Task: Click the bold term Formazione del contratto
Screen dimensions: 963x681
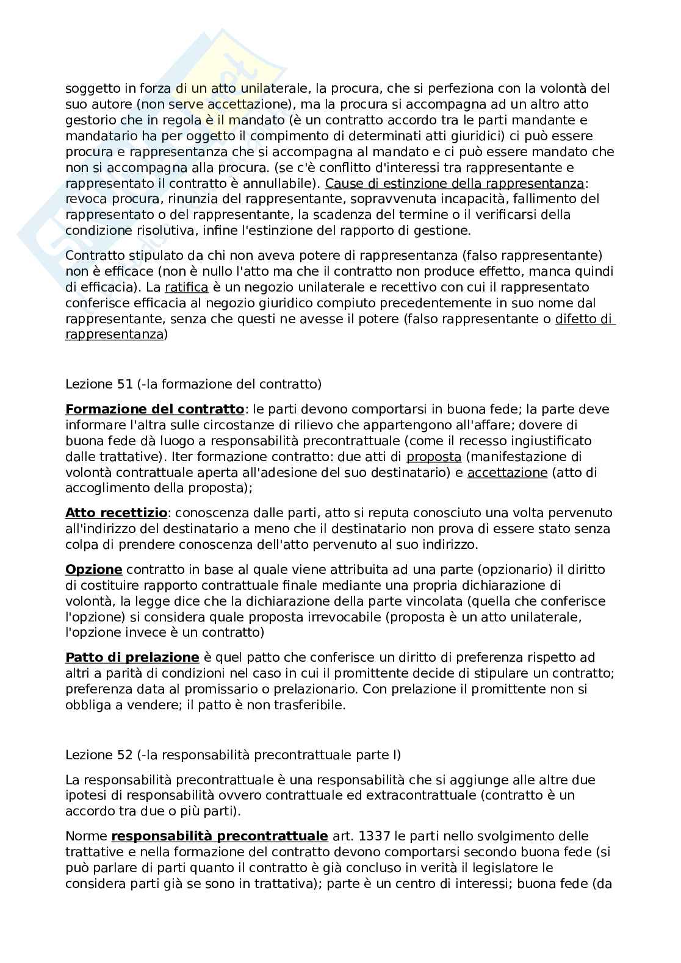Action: click(x=154, y=409)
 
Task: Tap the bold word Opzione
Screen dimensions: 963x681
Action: click(x=94, y=570)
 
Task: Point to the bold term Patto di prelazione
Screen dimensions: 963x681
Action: click(x=132, y=657)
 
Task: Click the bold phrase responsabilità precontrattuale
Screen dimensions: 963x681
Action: click(x=220, y=836)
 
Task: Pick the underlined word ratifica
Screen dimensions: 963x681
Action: click(x=187, y=287)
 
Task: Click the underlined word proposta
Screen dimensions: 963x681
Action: click(x=434, y=457)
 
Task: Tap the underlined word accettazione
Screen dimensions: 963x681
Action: click(x=507, y=473)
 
